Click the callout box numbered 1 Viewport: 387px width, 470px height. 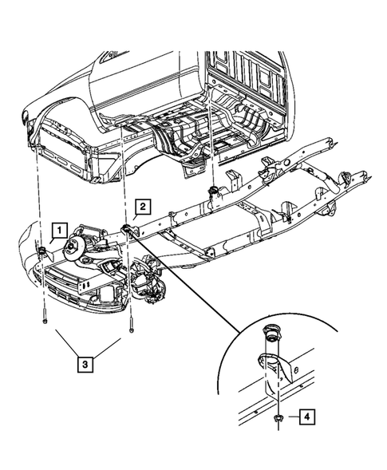(x=58, y=231)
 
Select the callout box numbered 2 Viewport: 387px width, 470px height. (x=141, y=207)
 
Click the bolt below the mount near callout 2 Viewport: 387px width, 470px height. (x=130, y=325)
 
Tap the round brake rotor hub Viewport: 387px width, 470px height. (x=78, y=247)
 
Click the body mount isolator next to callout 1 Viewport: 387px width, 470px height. (x=41, y=254)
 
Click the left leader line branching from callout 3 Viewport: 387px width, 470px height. (x=67, y=342)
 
